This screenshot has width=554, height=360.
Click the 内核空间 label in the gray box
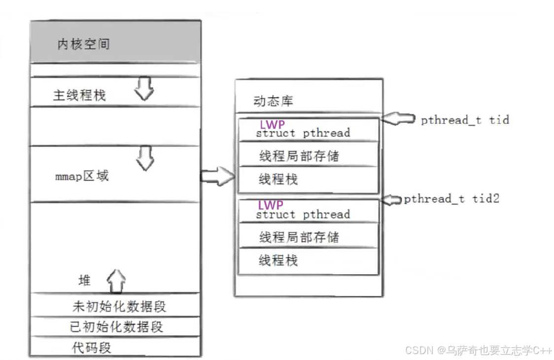tap(83, 44)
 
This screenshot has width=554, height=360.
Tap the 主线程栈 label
tap(79, 95)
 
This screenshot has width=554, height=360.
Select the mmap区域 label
tap(82, 176)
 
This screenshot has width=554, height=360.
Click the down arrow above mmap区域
tap(145, 158)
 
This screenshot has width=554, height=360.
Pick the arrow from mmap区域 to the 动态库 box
tap(217, 176)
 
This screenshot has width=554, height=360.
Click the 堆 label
tap(85, 281)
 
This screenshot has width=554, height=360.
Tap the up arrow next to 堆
tap(116, 281)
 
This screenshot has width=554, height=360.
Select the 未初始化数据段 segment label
tap(119, 307)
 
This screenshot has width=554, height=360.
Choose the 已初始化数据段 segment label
tap(116, 327)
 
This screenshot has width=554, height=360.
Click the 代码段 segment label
tap(92, 348)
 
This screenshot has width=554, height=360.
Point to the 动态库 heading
tap(273, 101)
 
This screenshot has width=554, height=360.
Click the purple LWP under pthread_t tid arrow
tap(272, 125)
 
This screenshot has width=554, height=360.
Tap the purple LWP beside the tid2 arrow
tap(271, 205)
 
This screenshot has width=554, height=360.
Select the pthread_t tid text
tap(465, 120)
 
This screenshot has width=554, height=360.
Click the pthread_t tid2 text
tap(451, 198)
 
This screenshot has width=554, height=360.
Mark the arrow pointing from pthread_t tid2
tap(392, 199)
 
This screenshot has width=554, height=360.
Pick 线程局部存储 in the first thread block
tap(299, 156)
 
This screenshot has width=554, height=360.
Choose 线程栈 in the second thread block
tap(278, 260)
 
